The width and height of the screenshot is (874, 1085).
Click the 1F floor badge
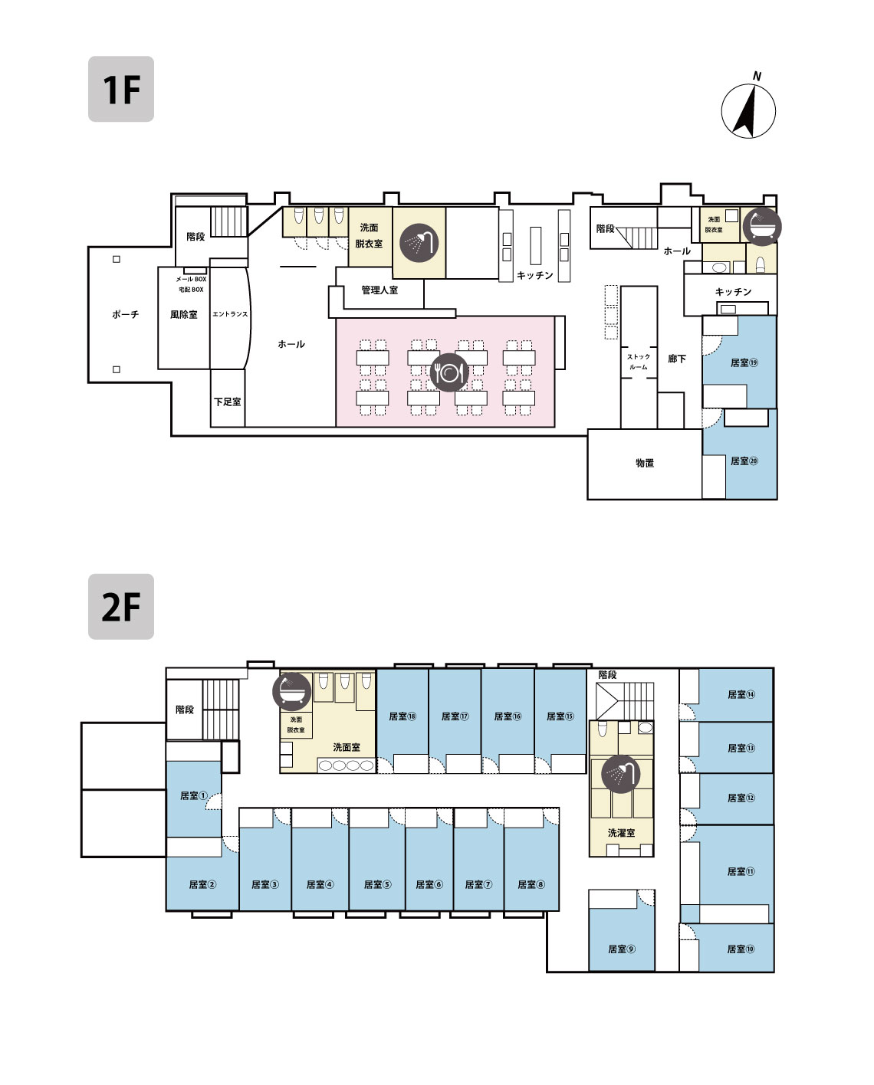(121, 89)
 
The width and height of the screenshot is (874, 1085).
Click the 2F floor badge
(121, 607)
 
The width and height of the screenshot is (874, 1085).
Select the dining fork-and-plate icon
(449, 372)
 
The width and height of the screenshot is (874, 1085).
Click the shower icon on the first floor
(419, 243)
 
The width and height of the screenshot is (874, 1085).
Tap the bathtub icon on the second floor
(291, 691)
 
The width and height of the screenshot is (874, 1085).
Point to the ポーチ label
(125, 315)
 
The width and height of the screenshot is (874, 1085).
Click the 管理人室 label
(379, 290)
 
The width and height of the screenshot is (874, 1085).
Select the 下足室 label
(227, 402)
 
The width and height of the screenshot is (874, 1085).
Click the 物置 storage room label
(645, 463)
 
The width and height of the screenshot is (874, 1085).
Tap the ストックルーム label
(639, 362)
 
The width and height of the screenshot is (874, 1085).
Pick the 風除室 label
(184, 315)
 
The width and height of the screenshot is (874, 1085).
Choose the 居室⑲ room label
(744, 362)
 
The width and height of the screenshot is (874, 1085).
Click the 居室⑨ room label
(622, 949)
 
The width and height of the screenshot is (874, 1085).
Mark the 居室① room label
(194, 795)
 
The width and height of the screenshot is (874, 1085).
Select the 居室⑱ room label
(402, 716)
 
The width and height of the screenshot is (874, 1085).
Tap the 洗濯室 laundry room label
(621, 833)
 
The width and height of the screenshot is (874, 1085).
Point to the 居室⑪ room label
(741, 871)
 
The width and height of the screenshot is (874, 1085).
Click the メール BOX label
(191, 279)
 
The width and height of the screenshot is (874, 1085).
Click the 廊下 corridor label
(677, 359)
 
